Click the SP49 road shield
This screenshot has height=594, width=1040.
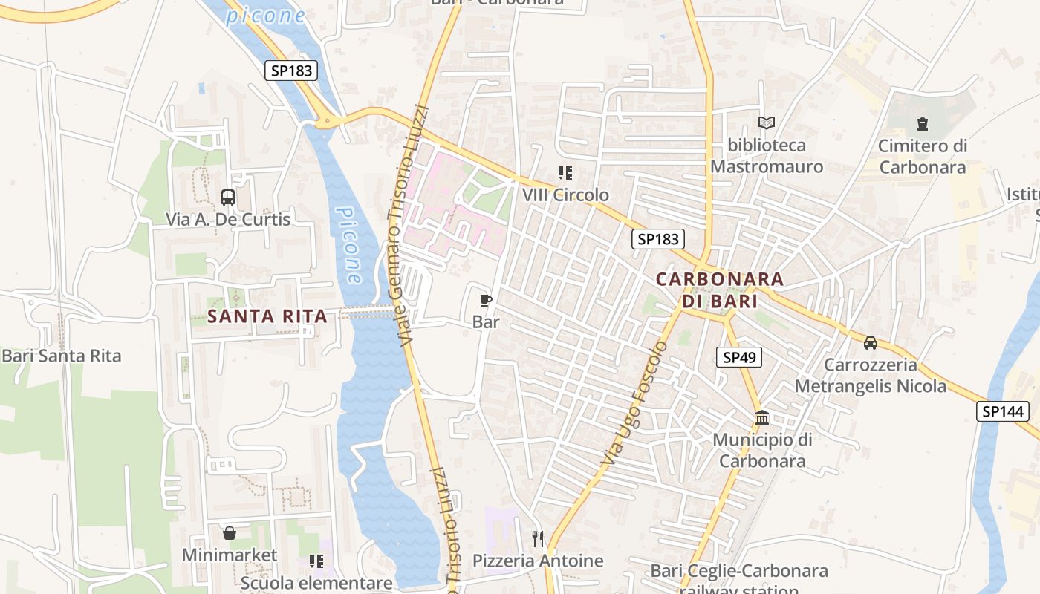click(739, 357)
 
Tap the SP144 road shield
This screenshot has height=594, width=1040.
click(1002, 411)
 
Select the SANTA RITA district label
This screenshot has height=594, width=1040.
click(267, 316)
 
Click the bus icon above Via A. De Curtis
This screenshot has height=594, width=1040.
click(228, 198)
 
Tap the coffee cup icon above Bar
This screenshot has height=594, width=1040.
click(486, 300)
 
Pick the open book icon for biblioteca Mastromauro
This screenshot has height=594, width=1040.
click(767, 123)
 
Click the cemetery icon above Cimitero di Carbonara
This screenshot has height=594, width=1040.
click(923, 124)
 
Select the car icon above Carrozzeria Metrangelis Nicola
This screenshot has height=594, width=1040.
click(871, 343)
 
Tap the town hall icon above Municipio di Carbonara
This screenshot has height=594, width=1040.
click(761, 417)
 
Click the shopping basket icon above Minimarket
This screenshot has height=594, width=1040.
click(230, 533)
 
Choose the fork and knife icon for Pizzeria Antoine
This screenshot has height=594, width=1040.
click(538, 538)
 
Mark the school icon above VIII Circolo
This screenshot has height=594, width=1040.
click(565, 173)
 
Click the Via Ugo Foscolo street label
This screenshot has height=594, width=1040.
click(632, 405)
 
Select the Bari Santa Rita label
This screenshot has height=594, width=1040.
click(61, 356)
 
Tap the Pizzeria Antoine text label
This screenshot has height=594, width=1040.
click(538, 561)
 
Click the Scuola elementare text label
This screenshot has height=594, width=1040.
click(316, 583)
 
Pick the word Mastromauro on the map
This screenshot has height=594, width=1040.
click(767, 166)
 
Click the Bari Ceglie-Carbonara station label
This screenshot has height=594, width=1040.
click(738, 572)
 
